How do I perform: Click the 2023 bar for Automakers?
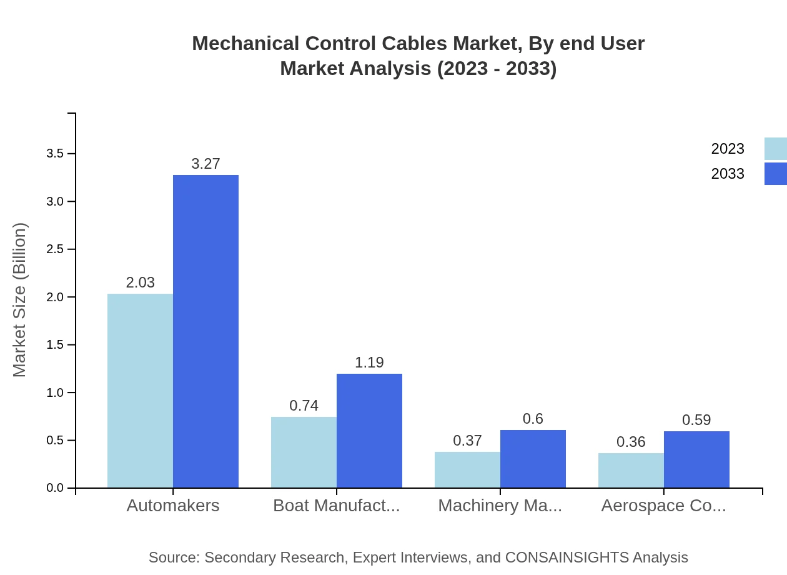[140, 391]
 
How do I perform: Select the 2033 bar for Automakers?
[205, 331]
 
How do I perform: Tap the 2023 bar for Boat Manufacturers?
[304, 452]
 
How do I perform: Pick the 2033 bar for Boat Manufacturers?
[369, 431]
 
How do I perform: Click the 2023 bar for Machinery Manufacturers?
[467, 469]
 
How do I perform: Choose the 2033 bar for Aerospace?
[696, 459]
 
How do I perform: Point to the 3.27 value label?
[205, 164]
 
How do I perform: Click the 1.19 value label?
[369, 362]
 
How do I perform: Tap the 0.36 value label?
[631, 442]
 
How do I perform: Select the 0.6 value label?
[533, 419]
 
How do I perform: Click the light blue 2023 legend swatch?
[775, 149]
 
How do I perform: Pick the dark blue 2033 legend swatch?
[775, 174]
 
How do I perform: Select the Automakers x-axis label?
[173, 506]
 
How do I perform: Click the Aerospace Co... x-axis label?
[663, 506]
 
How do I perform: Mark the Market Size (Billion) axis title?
[20, 300]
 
